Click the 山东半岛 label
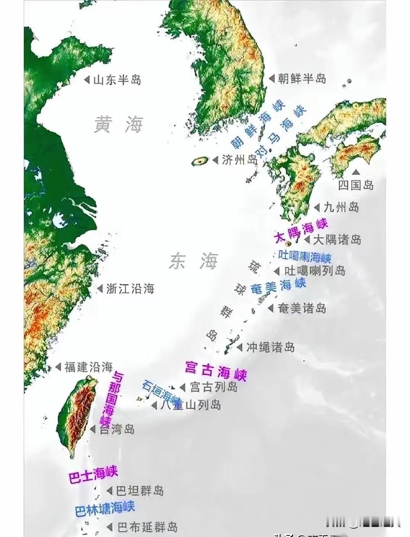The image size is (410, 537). [117, 80]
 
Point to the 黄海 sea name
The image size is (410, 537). [119, 125]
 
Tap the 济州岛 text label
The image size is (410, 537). [240, 160]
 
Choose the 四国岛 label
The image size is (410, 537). [356, 185]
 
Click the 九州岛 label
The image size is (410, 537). [341, 207]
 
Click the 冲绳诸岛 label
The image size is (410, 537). [270, 347]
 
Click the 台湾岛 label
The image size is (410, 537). [117, 429]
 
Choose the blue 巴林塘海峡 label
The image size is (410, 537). [105, 508]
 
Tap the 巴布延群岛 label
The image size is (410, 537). [147, 527]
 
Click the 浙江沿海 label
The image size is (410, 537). [130, 289]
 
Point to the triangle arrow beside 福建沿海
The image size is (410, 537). [58, 367]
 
